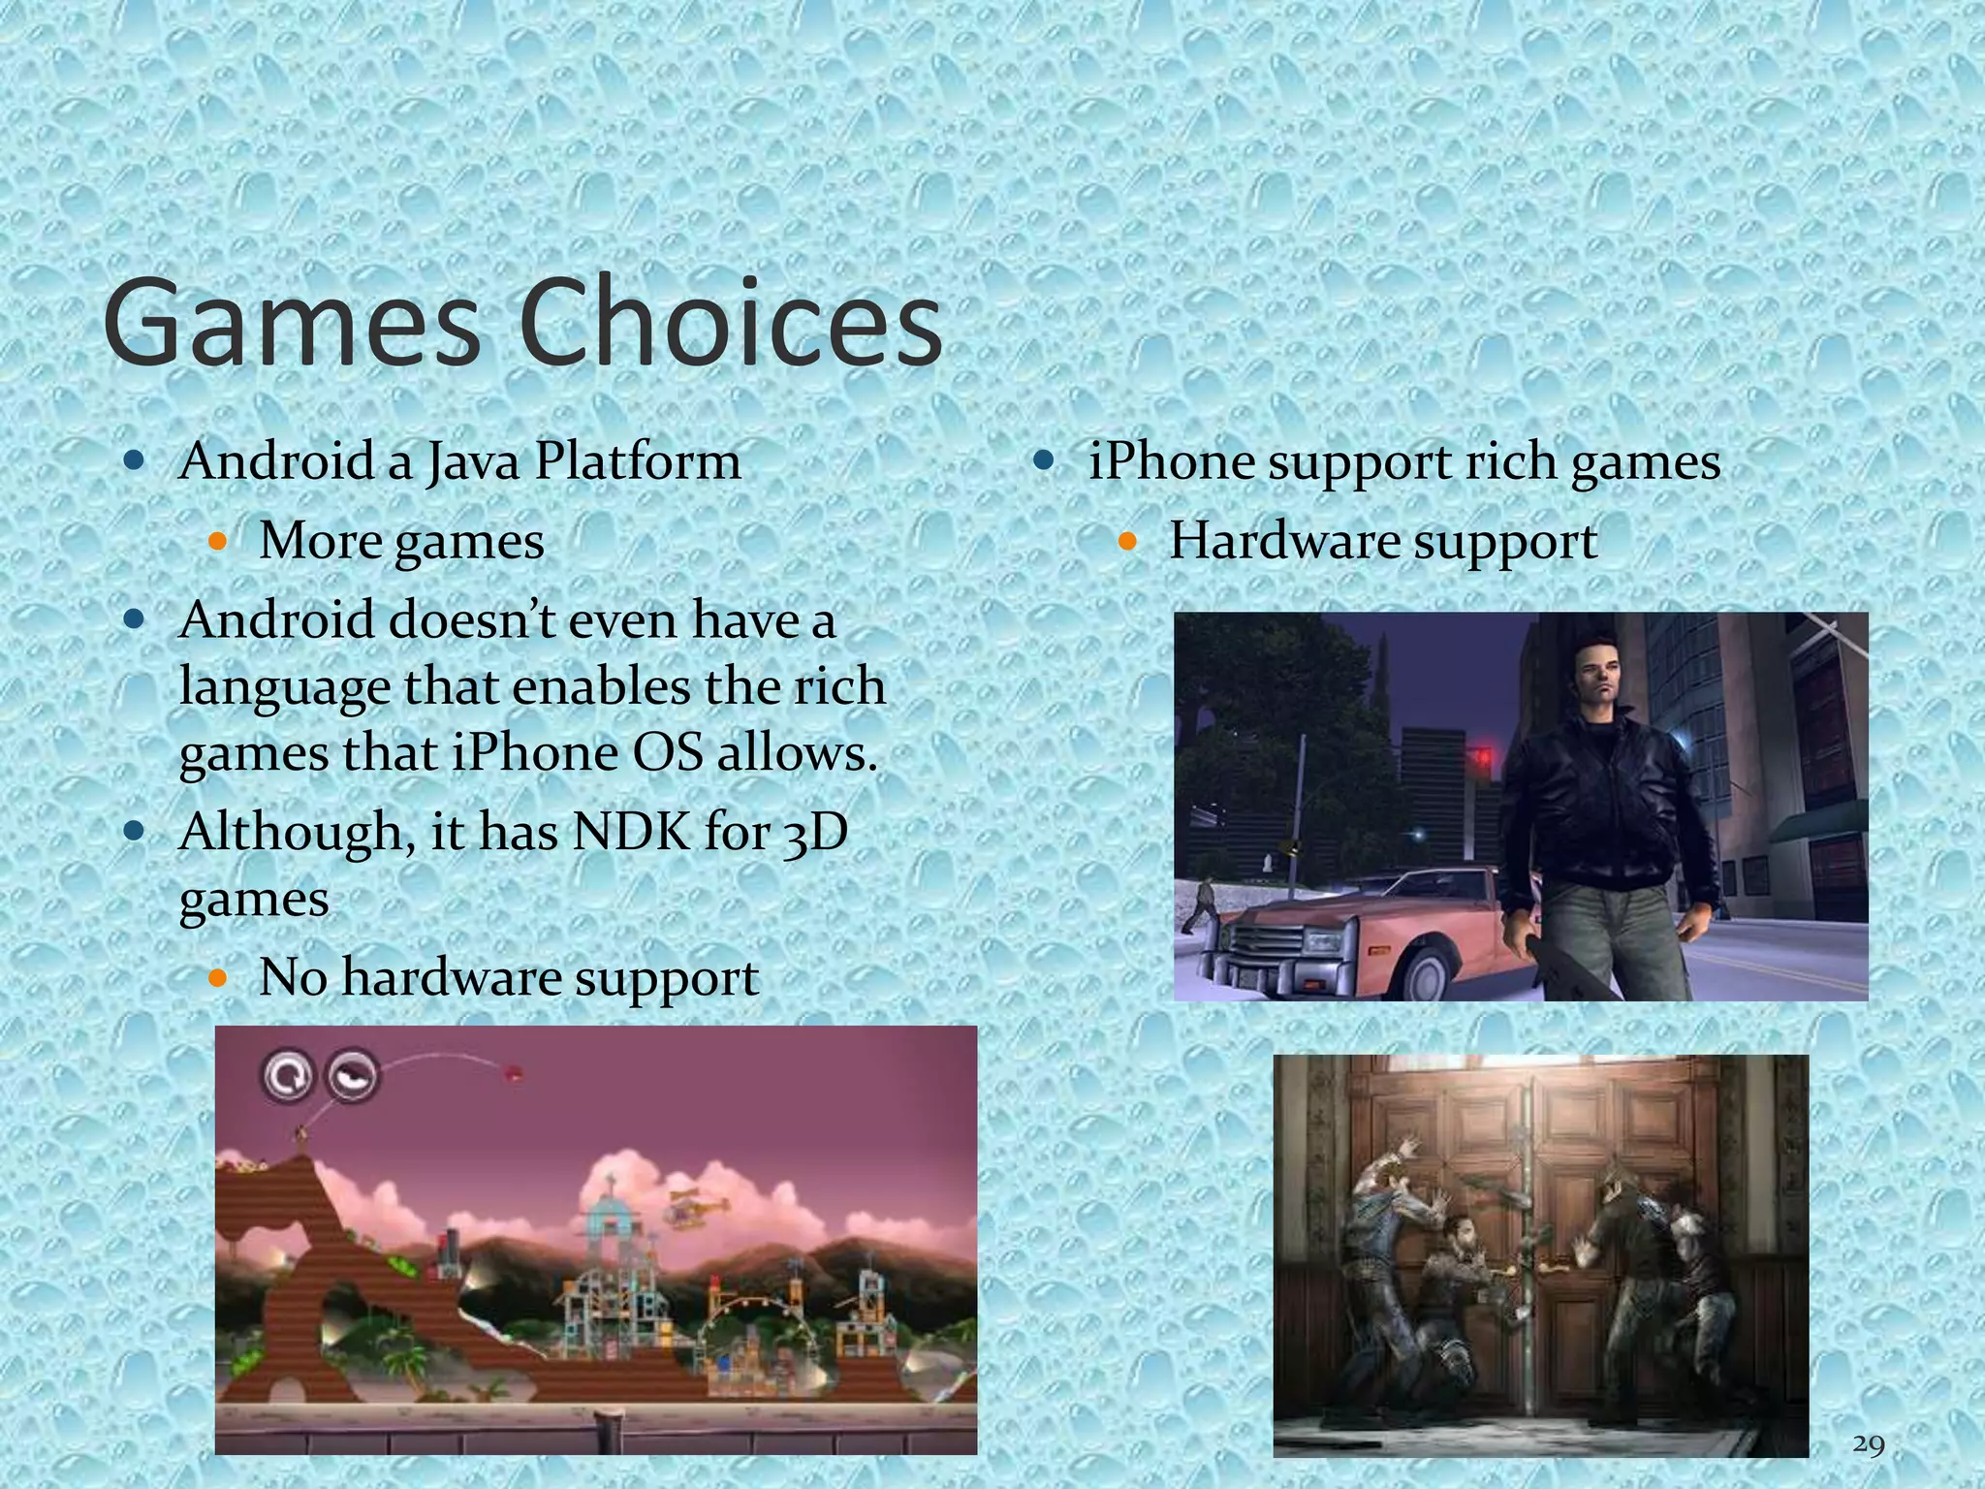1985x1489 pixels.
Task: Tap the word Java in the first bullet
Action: (472, 461)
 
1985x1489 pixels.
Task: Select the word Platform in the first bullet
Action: (638, 461)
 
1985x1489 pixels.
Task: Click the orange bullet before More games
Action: (217, 541)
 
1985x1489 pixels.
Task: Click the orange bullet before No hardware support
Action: (217, 978)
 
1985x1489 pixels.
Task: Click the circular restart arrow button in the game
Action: (287, 1075)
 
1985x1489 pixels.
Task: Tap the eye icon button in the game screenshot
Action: (350, 1075)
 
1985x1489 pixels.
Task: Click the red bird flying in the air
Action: (513, 1072)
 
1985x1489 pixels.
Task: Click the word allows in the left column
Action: (796, 753)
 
